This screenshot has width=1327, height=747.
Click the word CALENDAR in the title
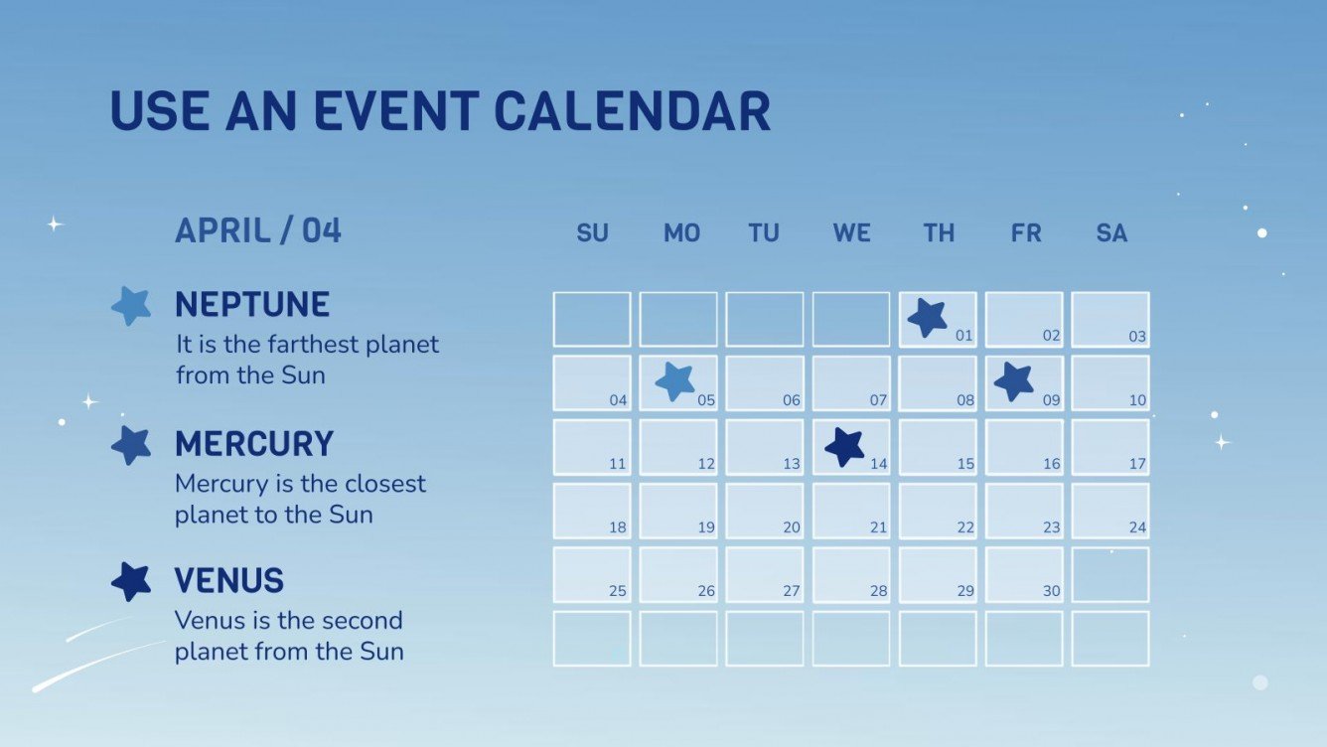click(x=632, y=111)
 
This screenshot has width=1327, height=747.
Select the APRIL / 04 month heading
click(x=258, y=230)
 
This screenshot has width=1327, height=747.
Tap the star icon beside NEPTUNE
click(x=131, y=306)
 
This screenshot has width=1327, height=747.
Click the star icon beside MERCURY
click(x=131, y=445)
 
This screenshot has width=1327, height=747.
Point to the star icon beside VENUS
click(x=131, y=581)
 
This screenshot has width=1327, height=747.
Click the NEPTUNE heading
click(x=252, y=304)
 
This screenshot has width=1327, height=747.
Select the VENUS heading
click(x=229, y=580)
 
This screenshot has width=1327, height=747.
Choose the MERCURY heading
click(x=254, y=443)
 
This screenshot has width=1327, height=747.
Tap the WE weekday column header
click(x=851, y=233)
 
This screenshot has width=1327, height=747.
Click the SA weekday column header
click(x=1111, y=233)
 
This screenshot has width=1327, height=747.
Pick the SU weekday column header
click(x=592, y=233)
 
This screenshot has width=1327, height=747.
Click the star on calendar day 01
click(x=928, y=318)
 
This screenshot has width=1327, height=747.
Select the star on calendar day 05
click(x=675, y=380)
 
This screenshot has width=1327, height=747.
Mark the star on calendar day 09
click(x=1014, y=381)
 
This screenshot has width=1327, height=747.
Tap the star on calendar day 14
click(x=845, y=447)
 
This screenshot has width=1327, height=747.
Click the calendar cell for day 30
click(x=1024, y=574)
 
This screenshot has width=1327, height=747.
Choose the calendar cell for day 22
click(x=938, y=511)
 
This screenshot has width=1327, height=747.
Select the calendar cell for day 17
click(x=1110, y=447)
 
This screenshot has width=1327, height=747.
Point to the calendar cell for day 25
click(x=592, y=574)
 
